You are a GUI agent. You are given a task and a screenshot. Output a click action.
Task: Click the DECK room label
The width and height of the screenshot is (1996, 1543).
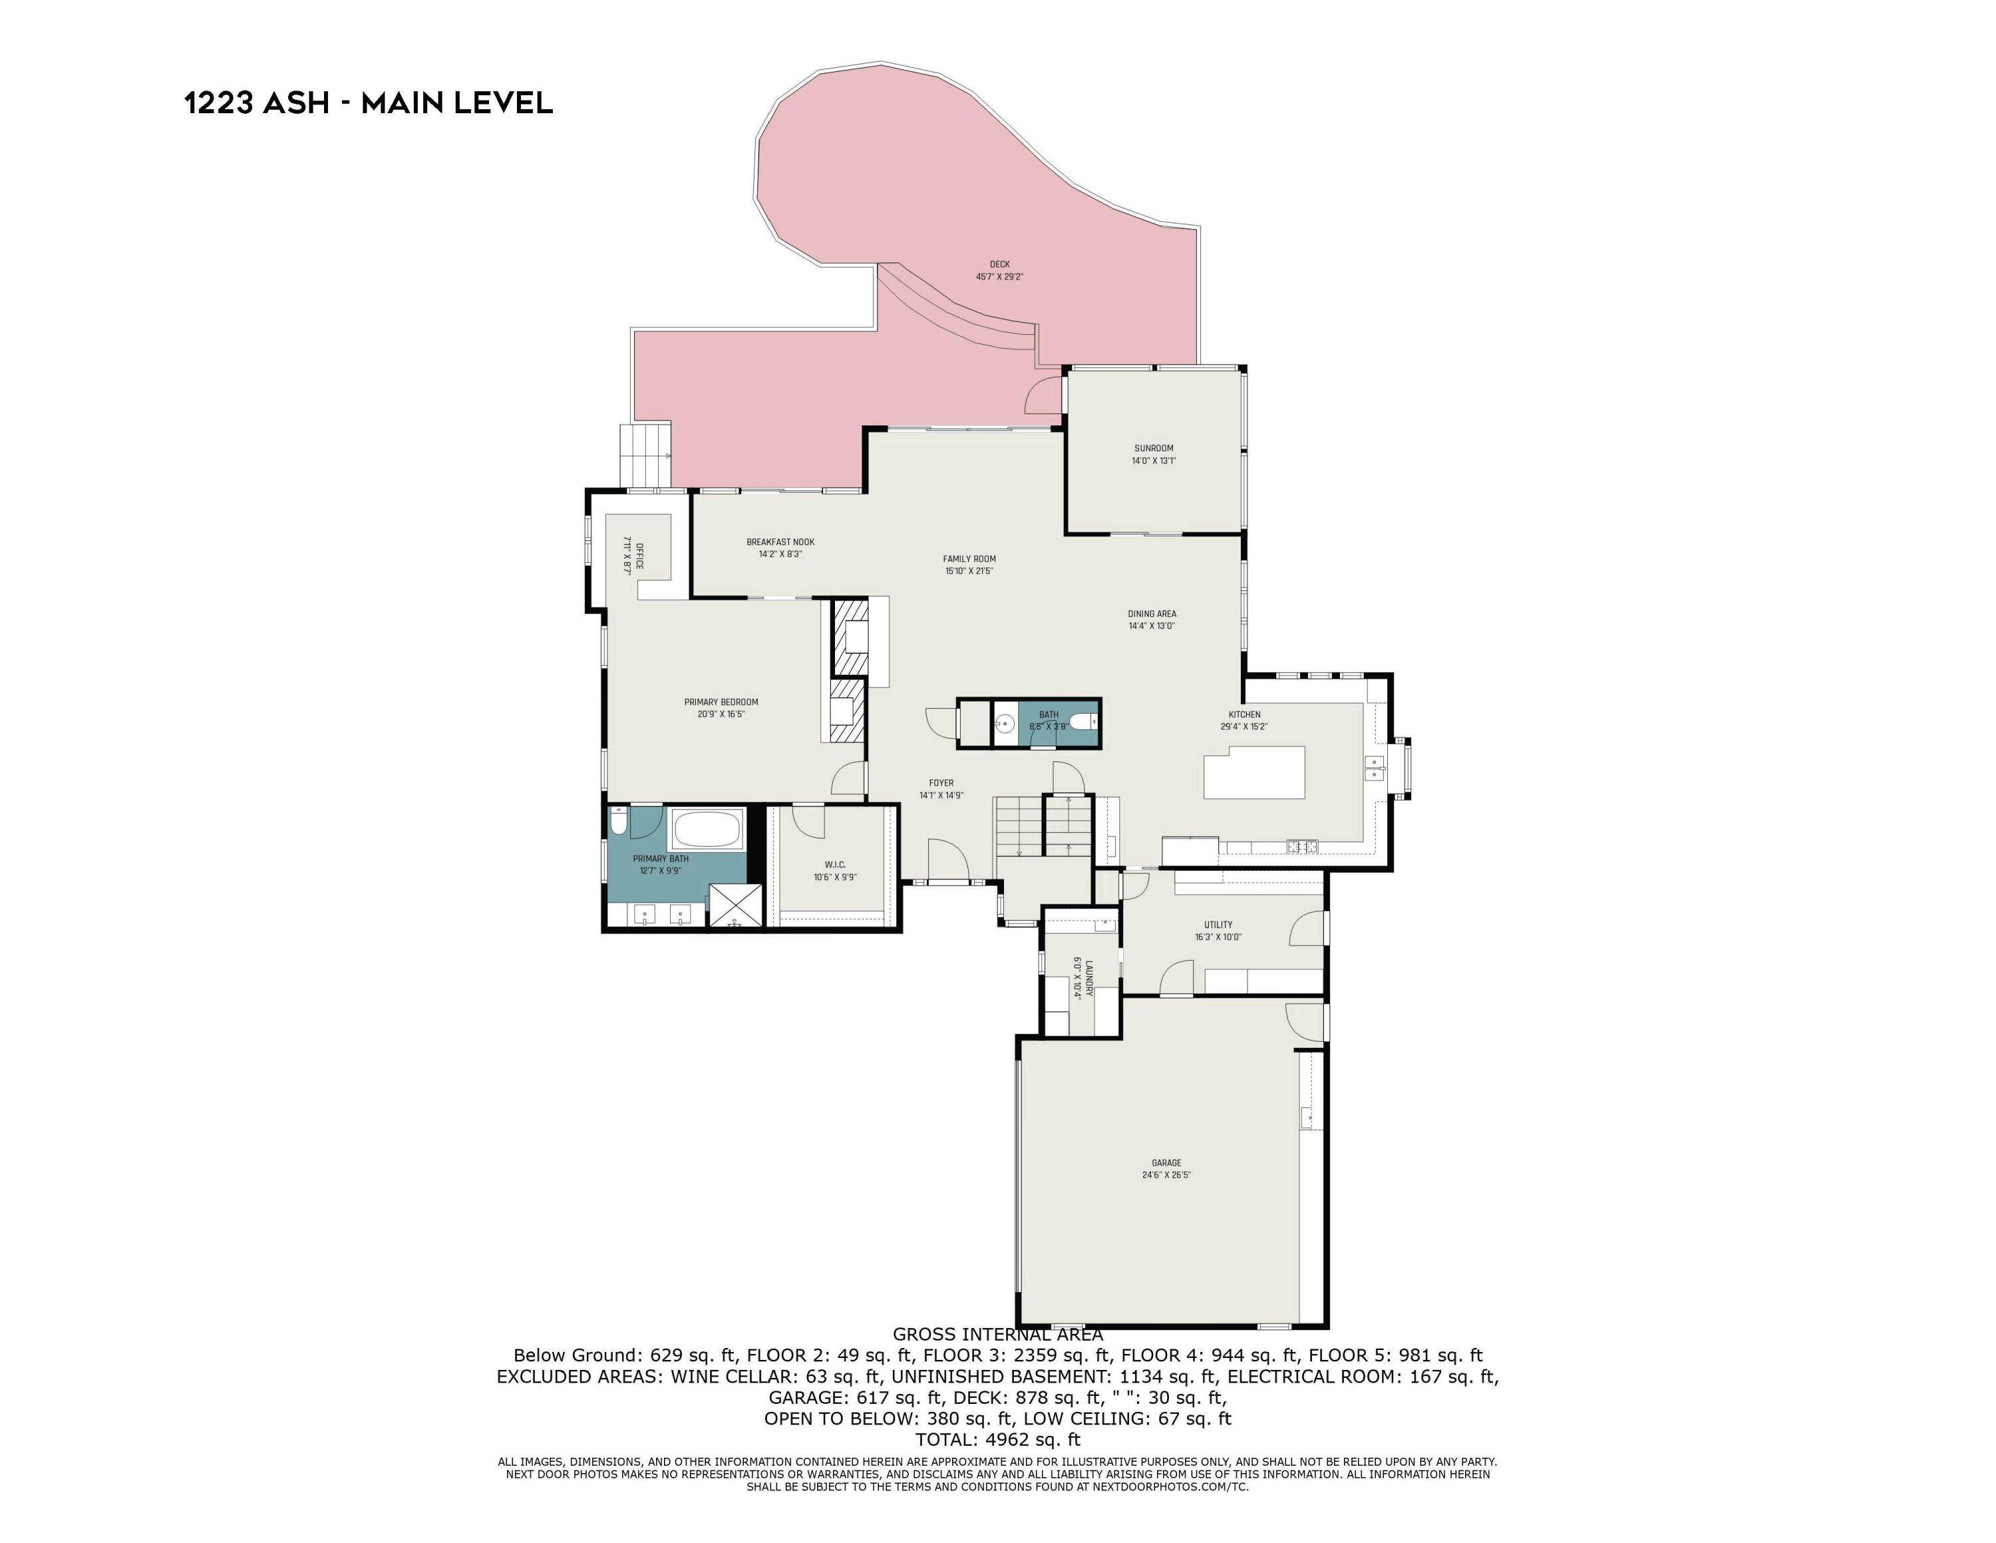[999, 264]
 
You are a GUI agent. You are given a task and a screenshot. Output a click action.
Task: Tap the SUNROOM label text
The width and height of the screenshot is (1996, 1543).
[1154, 448]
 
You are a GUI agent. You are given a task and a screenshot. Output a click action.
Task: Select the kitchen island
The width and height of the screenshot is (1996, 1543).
[1254, 772]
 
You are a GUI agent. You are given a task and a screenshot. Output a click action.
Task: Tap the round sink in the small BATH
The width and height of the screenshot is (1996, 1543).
[1003, 723]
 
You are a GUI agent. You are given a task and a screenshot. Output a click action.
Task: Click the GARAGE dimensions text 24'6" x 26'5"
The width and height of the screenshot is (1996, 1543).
[1166, 1175]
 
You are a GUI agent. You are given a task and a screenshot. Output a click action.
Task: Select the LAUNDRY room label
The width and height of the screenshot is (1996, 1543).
[1088, 977]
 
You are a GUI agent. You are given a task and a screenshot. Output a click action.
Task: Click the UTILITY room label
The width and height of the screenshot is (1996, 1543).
[1218, 924]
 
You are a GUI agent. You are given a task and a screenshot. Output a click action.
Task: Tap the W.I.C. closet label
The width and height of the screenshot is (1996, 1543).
[834, 864]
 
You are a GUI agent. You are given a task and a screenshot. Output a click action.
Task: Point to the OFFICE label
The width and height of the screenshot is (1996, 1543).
[639, 556]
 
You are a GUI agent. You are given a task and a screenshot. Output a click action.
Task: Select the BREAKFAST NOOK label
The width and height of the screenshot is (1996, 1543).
[780, 542]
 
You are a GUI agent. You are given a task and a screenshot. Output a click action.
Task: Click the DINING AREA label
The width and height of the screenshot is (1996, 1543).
[1152, 613]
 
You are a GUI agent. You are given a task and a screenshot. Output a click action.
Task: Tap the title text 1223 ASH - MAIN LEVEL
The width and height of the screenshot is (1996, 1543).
[369, 103]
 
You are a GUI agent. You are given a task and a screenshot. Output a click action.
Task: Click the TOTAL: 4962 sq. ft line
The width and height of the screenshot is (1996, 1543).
[997, 1438]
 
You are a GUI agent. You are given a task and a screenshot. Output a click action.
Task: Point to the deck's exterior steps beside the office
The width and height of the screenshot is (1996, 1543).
[645, 455]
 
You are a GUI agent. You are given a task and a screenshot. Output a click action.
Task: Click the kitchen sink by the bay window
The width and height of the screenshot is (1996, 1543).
[1374, 768]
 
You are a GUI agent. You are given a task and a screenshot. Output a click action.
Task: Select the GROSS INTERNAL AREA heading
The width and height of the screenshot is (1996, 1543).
[997, 1335]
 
